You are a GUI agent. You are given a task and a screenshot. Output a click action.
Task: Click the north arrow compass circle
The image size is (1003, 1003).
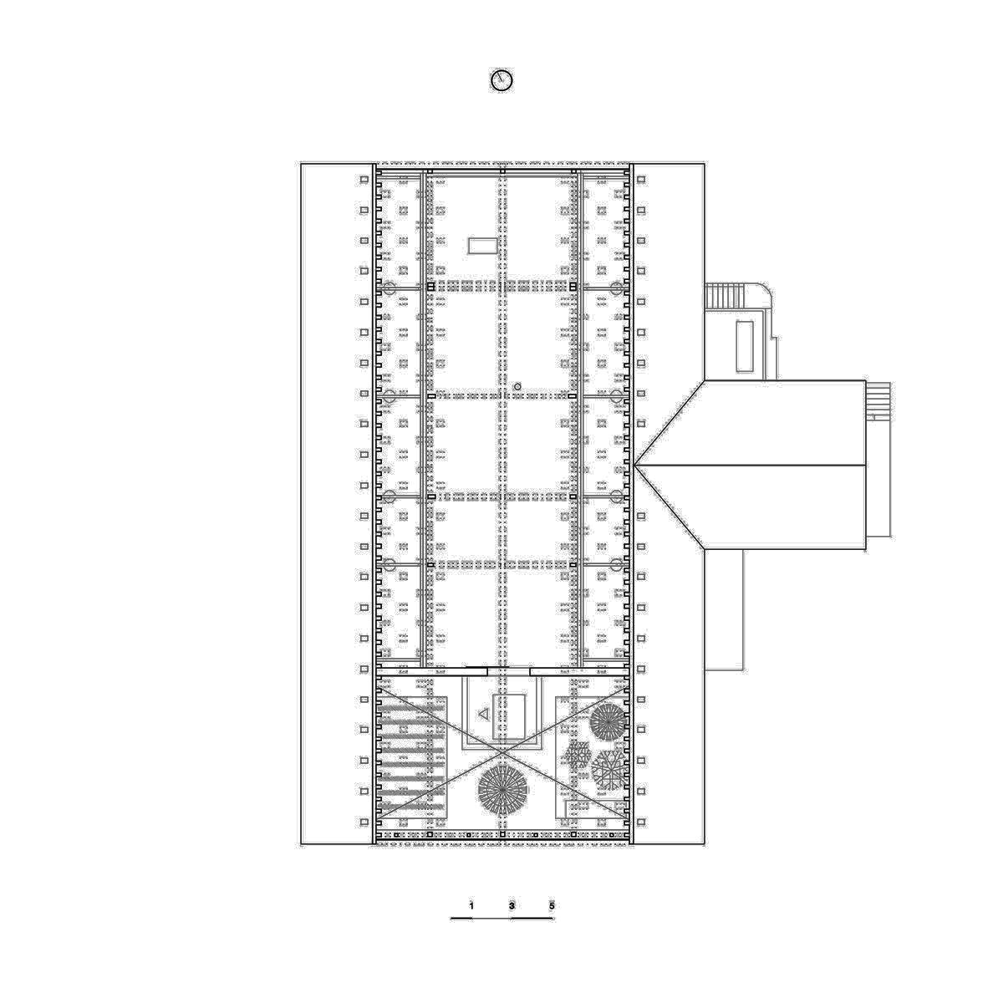501,81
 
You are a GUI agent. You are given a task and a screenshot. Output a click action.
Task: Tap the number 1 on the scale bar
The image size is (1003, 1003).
471,906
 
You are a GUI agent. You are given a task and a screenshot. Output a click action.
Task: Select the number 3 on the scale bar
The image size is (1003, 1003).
512,906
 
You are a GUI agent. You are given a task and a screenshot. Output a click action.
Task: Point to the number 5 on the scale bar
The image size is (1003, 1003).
552,906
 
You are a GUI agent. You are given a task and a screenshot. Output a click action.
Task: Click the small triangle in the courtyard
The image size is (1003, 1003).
484,714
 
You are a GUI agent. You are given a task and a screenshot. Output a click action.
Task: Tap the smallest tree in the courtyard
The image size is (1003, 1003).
578,756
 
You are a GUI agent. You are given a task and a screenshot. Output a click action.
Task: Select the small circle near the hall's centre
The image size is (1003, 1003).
517,386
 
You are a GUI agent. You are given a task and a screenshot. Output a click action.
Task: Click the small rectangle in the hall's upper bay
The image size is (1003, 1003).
483,246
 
